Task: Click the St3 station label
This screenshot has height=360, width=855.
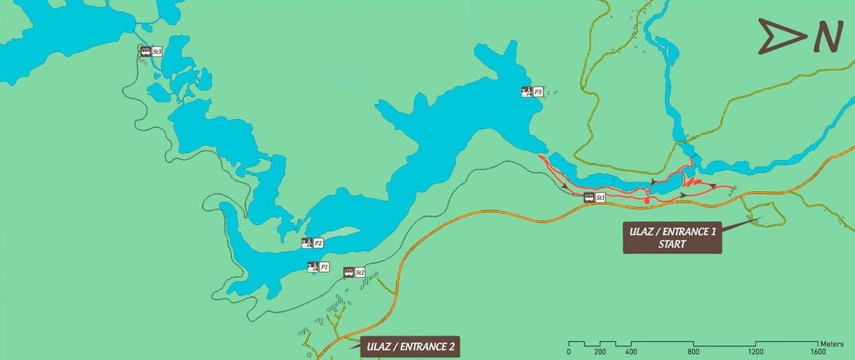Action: (157, 52)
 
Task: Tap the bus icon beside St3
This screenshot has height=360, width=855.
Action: (145, 52)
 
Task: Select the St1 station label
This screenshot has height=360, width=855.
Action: (600, 197)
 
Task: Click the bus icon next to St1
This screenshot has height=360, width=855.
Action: (589, 197)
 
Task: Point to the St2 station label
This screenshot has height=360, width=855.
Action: (360, 272)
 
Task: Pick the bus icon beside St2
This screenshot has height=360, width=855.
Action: (349, 272)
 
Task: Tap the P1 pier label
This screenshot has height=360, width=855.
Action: (324, 266)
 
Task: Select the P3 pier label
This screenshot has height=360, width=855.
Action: (538, 92)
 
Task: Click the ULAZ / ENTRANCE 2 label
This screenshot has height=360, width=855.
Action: (409, 347)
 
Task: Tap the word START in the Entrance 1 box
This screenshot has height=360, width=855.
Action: (672, 244)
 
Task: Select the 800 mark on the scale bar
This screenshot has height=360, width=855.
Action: (694, 352)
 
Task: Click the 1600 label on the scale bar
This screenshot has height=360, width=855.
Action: (818, 352)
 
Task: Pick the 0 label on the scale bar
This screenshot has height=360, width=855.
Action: (569, 352)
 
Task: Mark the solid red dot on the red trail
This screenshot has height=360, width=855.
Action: (645, 199)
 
